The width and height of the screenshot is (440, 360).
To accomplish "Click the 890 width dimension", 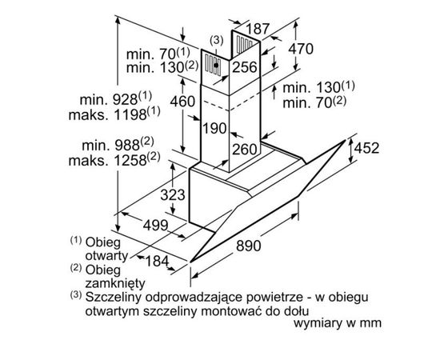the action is pos(248,246).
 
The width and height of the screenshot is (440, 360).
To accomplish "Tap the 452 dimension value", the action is pos(366,148).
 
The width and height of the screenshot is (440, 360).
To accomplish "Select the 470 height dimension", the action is pos(301,49).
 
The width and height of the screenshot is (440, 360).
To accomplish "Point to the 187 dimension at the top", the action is pos(258,29).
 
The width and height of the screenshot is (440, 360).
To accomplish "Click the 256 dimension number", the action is pos(245,67).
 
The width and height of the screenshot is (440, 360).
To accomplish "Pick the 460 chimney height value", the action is pos(182,102).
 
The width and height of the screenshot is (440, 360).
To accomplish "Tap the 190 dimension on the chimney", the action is pos(214,129).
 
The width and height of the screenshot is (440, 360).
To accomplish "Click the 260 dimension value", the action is pos(245,150).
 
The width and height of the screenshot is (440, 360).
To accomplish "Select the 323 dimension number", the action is pos(173,194).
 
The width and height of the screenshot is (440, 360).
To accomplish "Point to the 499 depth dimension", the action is pos(155,225).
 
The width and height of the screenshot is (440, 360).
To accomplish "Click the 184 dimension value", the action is pos(157,262).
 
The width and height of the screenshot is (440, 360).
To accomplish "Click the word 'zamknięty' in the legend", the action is pos(115,283).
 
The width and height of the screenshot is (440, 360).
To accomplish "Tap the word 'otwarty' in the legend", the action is pos(106,256).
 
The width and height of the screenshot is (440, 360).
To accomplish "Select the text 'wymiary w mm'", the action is pos(338,323).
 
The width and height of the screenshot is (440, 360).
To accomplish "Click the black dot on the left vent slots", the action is pos(216,65).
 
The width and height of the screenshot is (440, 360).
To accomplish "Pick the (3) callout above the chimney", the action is pos(217,41).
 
